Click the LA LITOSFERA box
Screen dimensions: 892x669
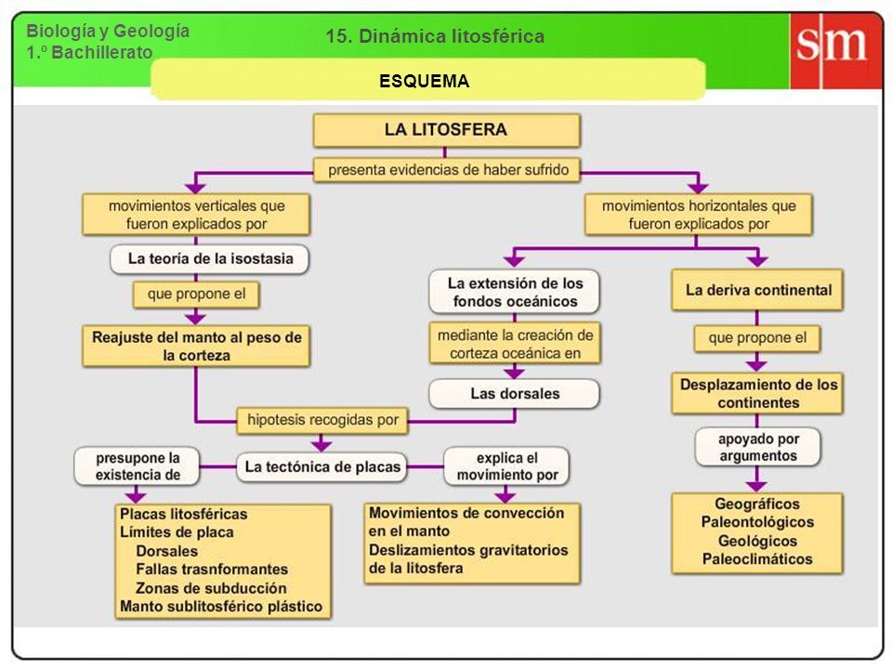[447, 130]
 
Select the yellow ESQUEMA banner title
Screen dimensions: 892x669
[425, 81]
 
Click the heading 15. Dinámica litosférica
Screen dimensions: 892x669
[435, 36]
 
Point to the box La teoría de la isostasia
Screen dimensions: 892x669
[210, 259]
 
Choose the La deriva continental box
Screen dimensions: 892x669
[757, 290]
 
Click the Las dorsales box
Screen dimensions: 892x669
[514, 394]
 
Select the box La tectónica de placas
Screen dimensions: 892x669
[322, 467]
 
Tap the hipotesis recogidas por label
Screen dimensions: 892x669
[322, 420]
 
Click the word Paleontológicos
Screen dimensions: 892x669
[757, 521]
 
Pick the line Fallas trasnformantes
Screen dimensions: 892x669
[212, 569]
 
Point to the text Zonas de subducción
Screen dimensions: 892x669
[211, 587]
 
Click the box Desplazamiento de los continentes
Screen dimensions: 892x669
[757, 394]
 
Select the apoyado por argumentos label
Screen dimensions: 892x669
[758, 447]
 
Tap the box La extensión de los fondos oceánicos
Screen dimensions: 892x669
[514, 292]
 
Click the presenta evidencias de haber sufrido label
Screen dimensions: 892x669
[447, 170]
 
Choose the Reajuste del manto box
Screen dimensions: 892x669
[196, 346]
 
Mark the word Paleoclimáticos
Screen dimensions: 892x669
[757, 558]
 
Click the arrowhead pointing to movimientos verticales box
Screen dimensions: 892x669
[196, 187]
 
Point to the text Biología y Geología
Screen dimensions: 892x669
[108, 31]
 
